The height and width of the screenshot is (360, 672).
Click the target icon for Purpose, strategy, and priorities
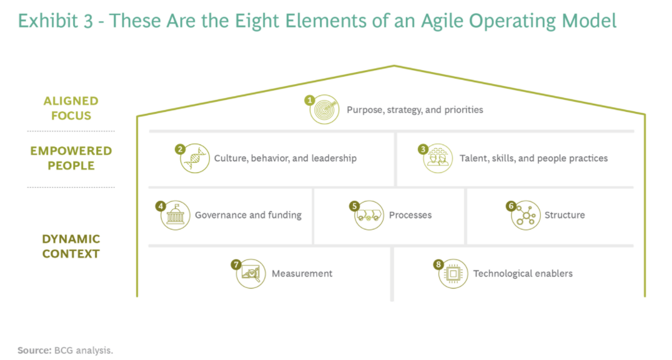tap(324, 110)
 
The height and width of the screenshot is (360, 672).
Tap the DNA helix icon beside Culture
tap(195, 158)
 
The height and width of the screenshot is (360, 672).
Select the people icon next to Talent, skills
tap(438, 158)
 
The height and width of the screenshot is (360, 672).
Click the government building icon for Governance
tap(175, 215)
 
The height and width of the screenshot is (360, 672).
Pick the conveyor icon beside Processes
tap(369, 215)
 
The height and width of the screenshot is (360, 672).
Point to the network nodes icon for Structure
tap(526, 215)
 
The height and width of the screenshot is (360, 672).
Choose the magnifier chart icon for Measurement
tap(250, 273)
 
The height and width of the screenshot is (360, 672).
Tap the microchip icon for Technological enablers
tap(453, 273)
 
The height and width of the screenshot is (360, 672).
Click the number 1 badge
tap(310, 100)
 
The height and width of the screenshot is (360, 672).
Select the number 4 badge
tap(161, 206)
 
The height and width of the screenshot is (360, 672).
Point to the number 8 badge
tap(438, 264)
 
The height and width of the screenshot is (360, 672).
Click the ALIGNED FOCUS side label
tap(71, 108)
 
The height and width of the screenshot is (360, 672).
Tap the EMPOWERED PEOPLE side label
tap(71, 158)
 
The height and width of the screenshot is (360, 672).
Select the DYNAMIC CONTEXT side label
tap(71, 246)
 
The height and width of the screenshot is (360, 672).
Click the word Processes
tap(410, 215)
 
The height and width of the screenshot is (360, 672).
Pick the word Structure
tap(564, 215)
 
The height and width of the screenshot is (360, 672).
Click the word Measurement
tap(302, 273)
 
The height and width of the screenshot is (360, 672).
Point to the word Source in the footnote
tap(34, 350)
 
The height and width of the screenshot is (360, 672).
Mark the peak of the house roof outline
tap(394, 65)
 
